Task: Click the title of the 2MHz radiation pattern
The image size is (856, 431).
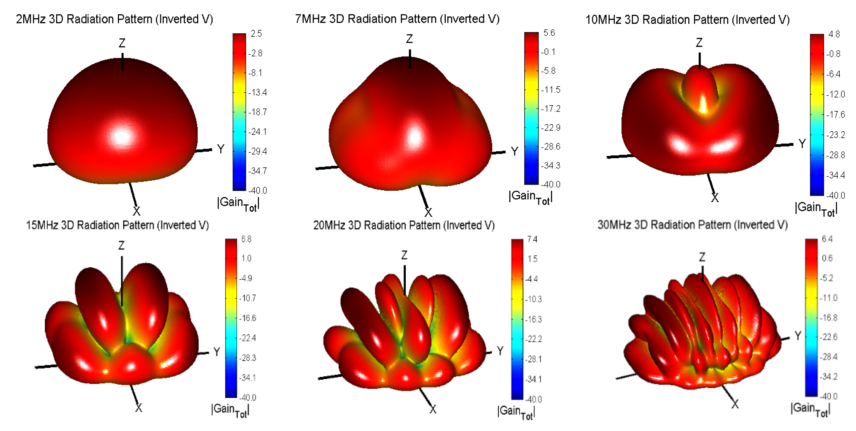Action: coord(114,19)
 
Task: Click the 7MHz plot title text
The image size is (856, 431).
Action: coord(397,19)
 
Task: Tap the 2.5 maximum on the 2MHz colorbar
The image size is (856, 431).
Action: coord(256,34)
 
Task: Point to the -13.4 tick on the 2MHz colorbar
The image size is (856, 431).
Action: coord(258,92)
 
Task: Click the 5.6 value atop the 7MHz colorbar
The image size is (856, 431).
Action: coord(549,33)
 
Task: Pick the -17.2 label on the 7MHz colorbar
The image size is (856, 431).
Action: coord(551,109)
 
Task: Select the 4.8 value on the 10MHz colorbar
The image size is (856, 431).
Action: coord(834,34)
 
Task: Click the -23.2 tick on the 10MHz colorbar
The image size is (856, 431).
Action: coord(835,135)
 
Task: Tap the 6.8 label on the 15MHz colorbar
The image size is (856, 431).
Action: coord(246,239)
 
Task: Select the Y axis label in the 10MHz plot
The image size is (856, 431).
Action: coord(802,144)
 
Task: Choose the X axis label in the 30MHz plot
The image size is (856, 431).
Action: coord(735,404)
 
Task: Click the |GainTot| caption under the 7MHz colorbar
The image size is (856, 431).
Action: coord(530,197)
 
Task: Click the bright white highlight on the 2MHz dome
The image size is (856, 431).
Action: coord(122,136)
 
